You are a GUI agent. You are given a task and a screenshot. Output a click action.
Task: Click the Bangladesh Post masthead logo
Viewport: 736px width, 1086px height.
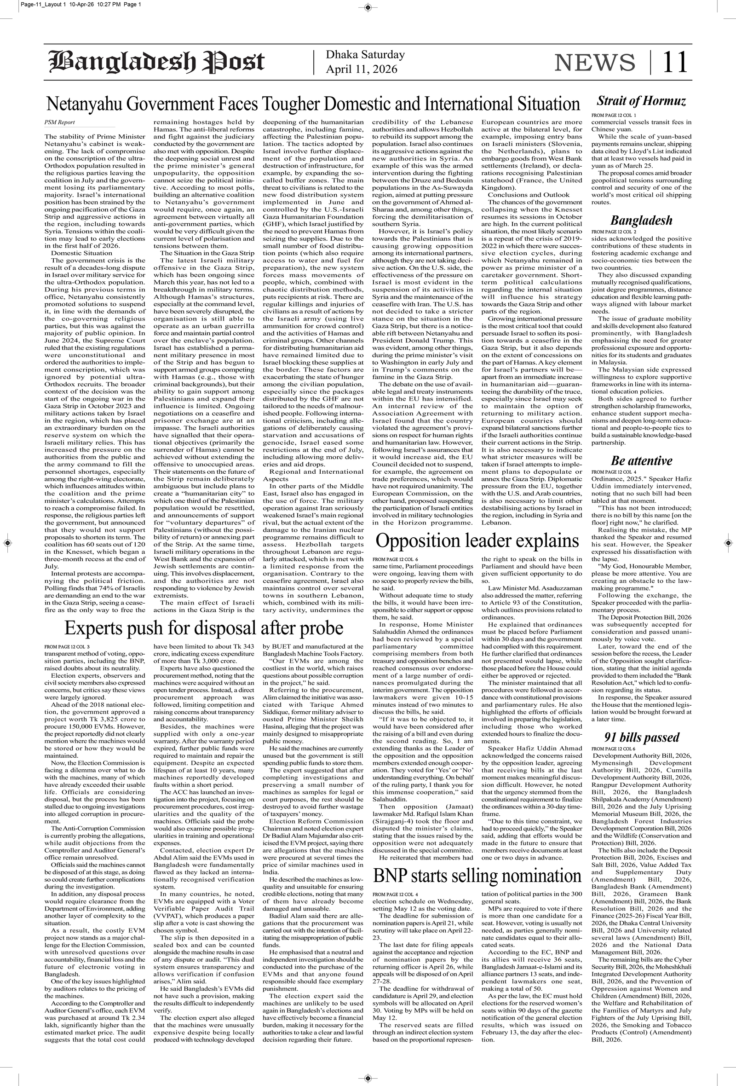pyautogui.click(x=156, y=62)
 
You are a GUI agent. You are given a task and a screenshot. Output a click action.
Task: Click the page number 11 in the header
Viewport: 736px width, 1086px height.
pyautogui.click(x=675, y=62)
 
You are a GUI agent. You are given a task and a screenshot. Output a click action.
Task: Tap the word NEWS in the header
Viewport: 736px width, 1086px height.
pyautogui.click(x=594, y=62)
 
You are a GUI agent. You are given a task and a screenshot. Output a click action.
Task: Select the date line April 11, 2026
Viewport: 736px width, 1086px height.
pyautogui.click(x=362, y=69)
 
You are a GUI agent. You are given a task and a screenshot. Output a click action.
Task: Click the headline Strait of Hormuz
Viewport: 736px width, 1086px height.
pyautogui.click(x=641, y=101)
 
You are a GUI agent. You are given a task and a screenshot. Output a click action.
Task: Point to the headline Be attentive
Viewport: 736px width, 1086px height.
pyautogui.click(x=641, y=461)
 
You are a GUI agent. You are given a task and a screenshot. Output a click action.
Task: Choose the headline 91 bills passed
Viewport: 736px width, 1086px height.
pyautogui.click(x=641, y=738)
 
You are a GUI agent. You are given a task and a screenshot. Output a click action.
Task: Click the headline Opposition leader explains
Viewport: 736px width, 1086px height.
pyautogui.click(x=477, y=540)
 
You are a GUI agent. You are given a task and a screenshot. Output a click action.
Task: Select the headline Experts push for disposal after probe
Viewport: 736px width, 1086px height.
pyautogui.click(x=204, y=627)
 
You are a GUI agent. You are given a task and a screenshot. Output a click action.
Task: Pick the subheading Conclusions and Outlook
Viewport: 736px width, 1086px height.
pyautogui.click(x=529, y=194)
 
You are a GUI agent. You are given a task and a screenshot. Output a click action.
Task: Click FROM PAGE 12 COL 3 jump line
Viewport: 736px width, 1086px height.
pyautogui.click(x=67, y=647)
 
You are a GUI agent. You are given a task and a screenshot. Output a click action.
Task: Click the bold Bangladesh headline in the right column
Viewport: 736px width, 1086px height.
pyautogui.click(x=641, y=221)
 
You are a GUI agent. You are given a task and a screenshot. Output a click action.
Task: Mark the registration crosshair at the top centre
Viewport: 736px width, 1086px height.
pyautogui.click(x=368, y=7)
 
